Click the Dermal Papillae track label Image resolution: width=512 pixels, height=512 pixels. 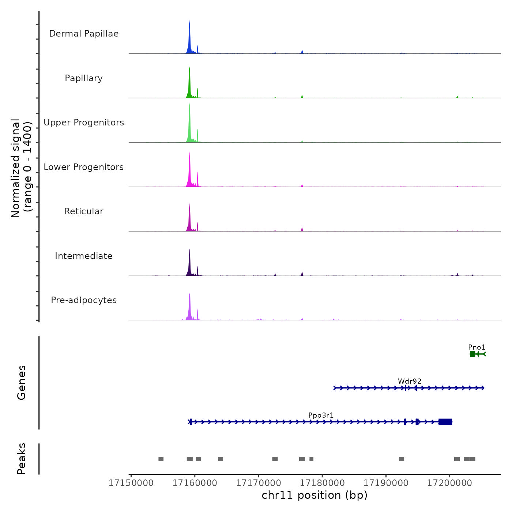[x=84, y=34]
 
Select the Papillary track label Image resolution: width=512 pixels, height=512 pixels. [x=84, y=78]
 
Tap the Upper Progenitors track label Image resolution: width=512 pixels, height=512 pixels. [x=84, y=123]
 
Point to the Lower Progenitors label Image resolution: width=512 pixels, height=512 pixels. [x=84, y=167]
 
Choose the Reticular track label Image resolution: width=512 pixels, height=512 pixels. [x=84, y=211]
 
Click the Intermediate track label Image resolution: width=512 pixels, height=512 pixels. [x=84, y=256]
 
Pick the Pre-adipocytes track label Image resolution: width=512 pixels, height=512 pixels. [x=84, y=300]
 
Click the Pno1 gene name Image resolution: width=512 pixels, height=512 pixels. [x=477, y=347]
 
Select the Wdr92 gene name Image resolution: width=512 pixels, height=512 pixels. [x=410, y=381]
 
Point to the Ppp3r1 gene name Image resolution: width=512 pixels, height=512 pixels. [x=321, y=415]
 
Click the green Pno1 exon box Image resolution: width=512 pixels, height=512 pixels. [x=473, y=354]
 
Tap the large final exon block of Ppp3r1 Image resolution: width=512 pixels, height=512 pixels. [x=445, y=422]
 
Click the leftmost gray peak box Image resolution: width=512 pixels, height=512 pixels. [x=161, y=459]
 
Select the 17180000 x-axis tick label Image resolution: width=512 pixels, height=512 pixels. [x=322, y=483]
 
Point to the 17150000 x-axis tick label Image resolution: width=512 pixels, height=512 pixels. [x=131, y=483]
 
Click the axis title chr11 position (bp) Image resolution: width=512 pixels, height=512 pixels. [x=315, y=496]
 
